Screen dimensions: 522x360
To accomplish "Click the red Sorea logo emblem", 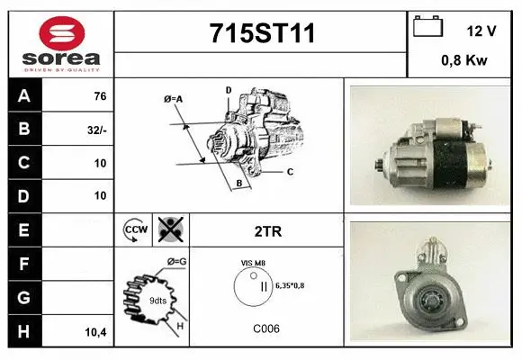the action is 62,33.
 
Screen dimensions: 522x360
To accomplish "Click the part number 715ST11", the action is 262,33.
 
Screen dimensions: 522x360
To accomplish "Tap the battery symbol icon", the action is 427,26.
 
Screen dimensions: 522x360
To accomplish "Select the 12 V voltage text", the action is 481,31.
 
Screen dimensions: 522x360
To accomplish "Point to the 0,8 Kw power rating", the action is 464,60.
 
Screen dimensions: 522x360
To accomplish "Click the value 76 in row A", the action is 100,96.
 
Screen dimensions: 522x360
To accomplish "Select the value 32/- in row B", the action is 97,130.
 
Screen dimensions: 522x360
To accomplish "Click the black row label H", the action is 24,331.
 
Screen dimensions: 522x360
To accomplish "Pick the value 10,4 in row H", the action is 96,332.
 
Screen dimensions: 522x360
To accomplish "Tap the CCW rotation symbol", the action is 136,229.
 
